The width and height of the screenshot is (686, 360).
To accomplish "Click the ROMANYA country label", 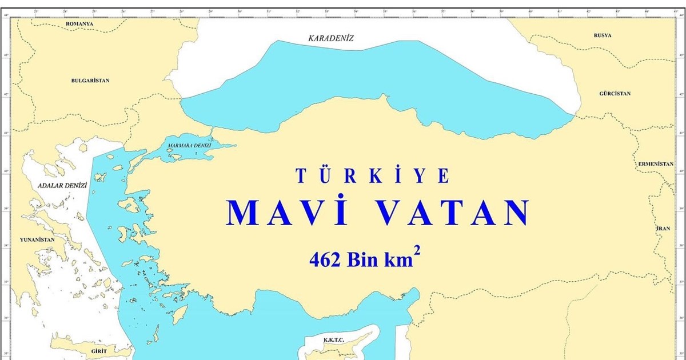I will click(x=79, y=23).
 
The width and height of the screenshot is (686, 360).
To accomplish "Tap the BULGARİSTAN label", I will click(x=90, y=81).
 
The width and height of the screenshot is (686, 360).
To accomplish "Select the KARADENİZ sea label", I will click(x=331, y=38).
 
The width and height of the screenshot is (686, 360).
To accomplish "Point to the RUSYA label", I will click(x=602, y=35).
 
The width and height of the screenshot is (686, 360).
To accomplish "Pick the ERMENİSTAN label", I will click(x=656, y=163).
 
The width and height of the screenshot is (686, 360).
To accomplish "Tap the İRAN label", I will click(x=663, y=228).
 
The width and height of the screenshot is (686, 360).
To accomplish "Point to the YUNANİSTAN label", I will click(x=37, y=240).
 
